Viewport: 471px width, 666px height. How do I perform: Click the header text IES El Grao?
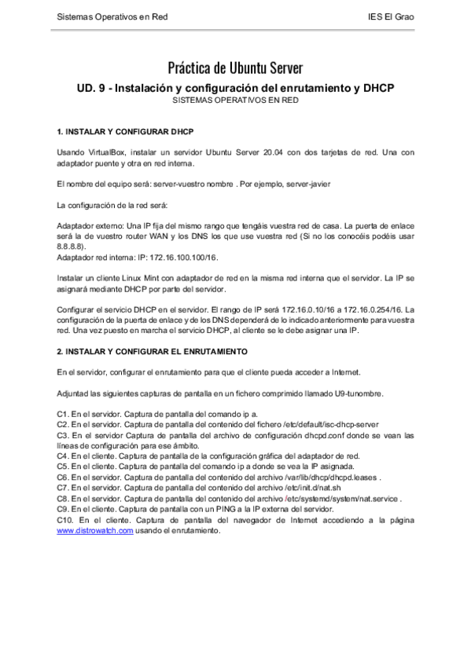391,16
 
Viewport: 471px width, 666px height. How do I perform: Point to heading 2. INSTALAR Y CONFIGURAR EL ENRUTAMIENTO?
153,349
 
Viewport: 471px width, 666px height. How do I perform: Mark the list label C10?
67,520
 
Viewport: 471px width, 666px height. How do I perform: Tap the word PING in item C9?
209,509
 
